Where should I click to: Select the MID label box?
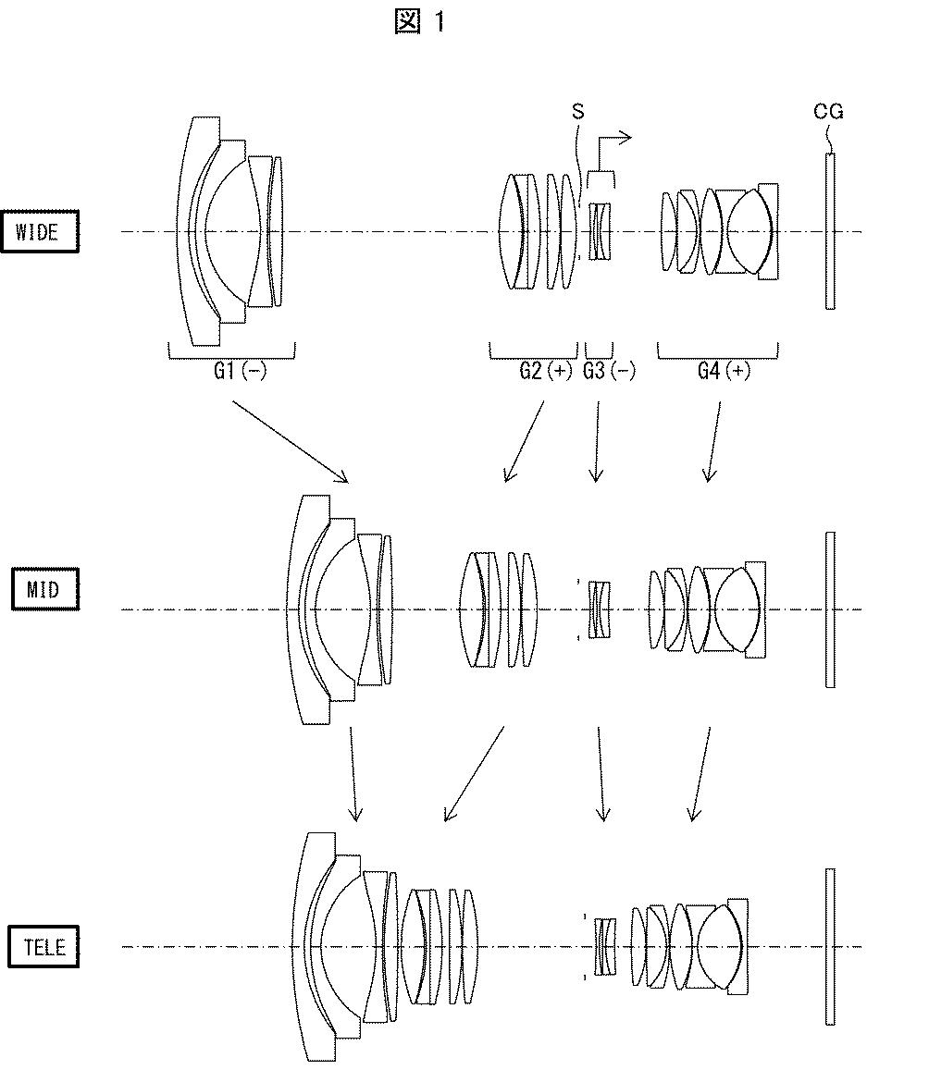click(x=44, y=589)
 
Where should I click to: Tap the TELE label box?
click(x=43, y=948)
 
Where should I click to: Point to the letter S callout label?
click(x=578, y=112)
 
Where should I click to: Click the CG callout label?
click(x=829, y=112)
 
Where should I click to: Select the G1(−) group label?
click(x=240, y=372)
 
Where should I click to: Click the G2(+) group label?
click(x=546, y=372)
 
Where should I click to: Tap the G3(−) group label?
click(x=609, y=372)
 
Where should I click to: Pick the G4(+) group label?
click(x=725, y=372)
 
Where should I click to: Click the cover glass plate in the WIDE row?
click(x=830, y=231)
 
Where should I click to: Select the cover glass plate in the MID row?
click(x=830, y=609)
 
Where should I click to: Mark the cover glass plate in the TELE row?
click(x=830, y=946)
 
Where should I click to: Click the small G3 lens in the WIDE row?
click(x=601, y=231)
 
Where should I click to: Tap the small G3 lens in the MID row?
click(x=601, y=609)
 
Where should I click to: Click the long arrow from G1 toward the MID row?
click(x=289, y=441)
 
